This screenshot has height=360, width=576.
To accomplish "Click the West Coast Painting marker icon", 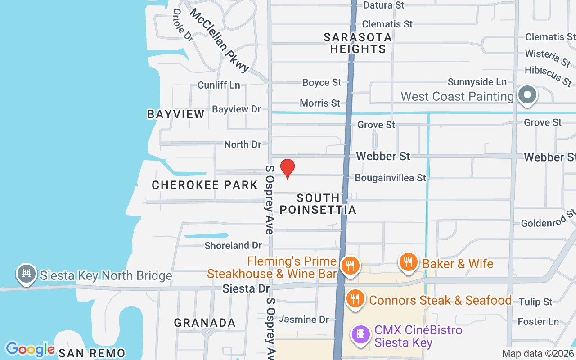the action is pos(527,95).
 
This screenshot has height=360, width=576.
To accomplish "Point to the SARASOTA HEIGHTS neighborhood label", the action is pos(358,43).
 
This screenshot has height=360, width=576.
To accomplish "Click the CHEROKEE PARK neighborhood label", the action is pos(205,185).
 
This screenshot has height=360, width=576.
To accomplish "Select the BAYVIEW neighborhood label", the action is pos(176,114).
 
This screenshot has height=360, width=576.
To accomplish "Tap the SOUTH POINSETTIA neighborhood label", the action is pos(318,204).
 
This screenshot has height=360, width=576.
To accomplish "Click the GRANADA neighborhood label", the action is pos(205,323).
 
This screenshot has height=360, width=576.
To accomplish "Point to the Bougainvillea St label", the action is pos(390,178).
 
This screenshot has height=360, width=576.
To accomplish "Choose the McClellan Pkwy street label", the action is pos(220,40).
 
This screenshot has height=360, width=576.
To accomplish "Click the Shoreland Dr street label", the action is pos(233,245).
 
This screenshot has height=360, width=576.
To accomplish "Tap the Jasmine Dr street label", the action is pos(304,319).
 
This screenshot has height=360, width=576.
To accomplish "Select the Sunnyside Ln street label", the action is pos(477,82).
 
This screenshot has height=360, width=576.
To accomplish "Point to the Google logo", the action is pos(30,349).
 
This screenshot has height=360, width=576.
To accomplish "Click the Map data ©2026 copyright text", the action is pos(538,354).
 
